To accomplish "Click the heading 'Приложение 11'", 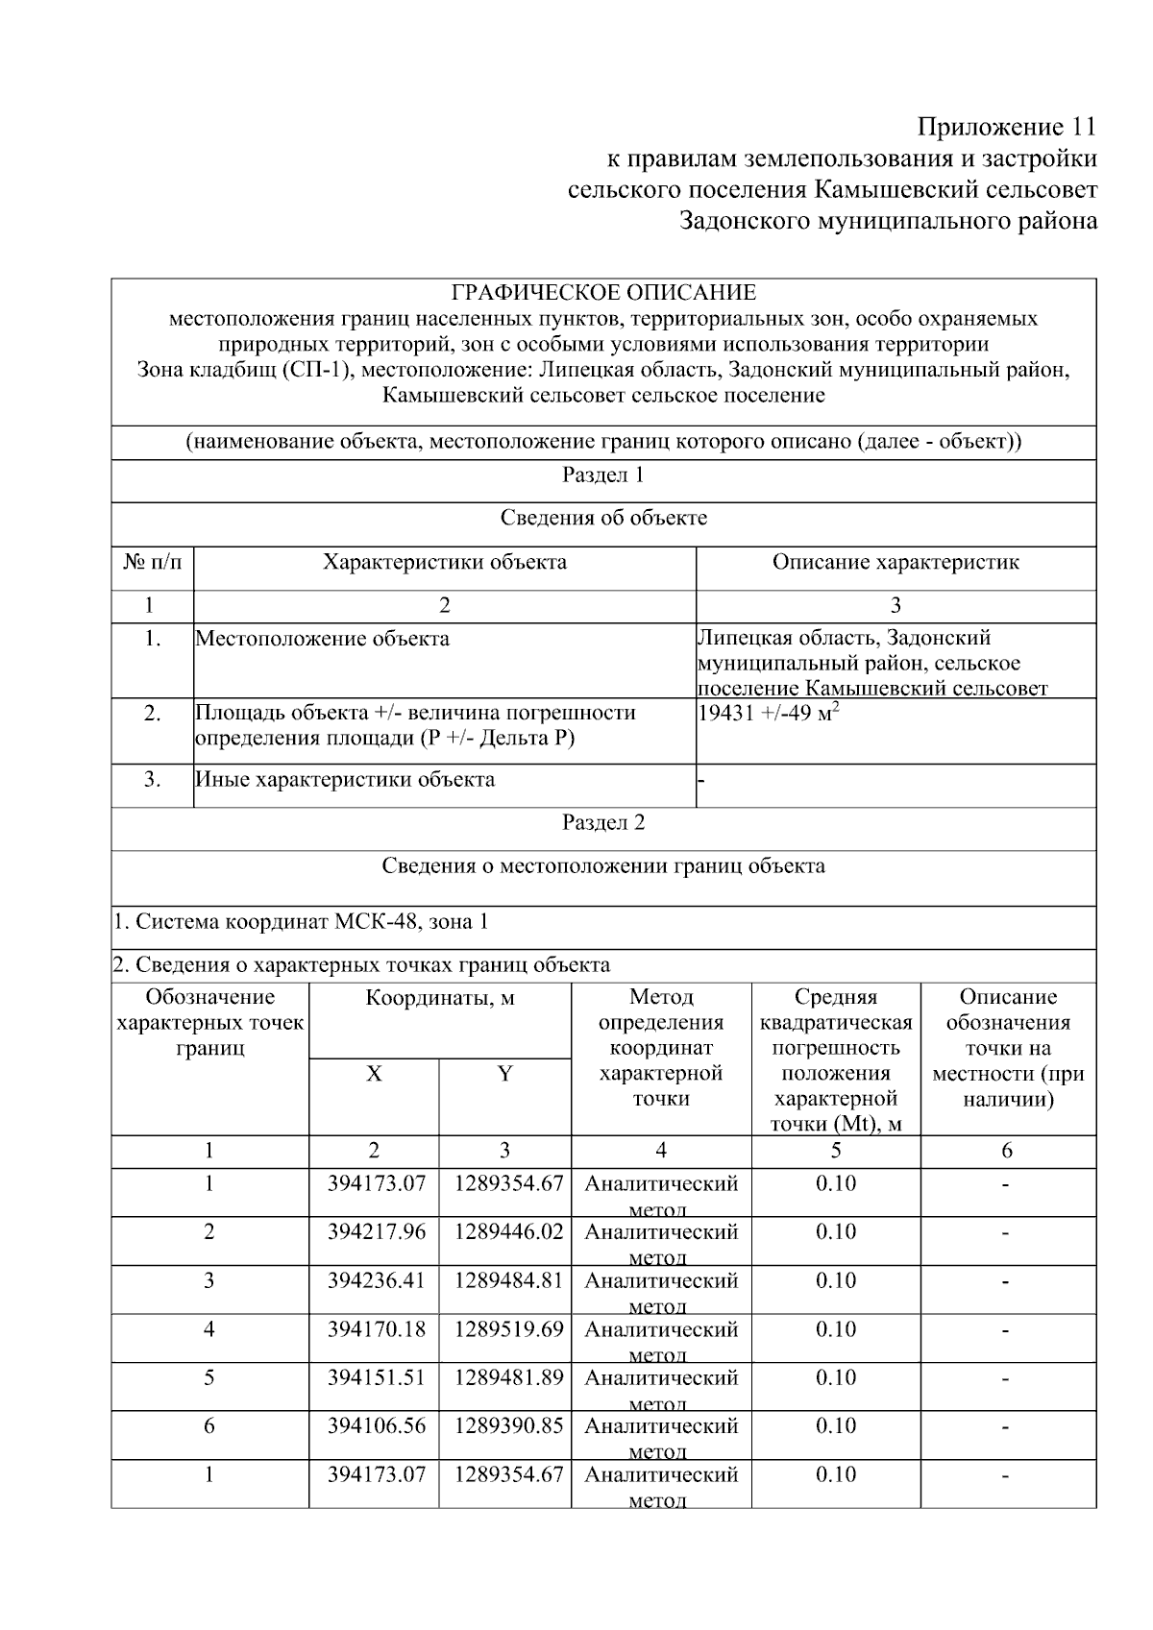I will click(x=1006, y=127).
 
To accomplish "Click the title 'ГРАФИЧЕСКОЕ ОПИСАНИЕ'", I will click(x=603, y=292).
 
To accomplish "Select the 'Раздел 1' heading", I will click(x=603, y=474).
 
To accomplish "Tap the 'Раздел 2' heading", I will click(x=603, y=822).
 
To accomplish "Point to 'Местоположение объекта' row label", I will click(x=322, y=639).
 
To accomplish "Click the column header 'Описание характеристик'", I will click(x=895, y=562).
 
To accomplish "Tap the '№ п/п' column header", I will click(x=152, y=562).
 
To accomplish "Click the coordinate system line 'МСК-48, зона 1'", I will click(x=301, y=921).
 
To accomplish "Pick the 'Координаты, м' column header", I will click(x=440, y=998).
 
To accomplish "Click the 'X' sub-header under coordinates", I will click(x=374, y=1074).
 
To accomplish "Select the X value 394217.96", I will click(x=376, y=1231).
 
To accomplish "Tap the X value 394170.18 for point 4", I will click(x=376, y=1329).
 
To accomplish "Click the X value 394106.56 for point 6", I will click(x=376, y=1425).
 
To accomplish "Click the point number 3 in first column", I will click(x=209, y=1280).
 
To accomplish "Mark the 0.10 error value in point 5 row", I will click(x=836, y=1377).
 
